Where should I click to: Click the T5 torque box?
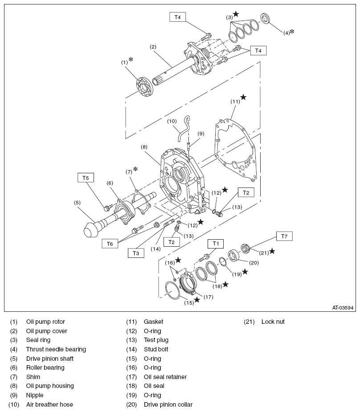click(86, 178)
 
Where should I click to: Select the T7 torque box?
click(284, 236)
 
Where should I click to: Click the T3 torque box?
click(136, 253)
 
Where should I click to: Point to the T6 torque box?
click(110, 243)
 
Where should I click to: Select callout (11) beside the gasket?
click(235, 101)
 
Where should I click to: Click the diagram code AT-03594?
click(342, 307)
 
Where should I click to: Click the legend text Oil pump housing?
click(49, 386)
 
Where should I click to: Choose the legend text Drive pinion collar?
click(168, 404)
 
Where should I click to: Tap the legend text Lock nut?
click(273, 322)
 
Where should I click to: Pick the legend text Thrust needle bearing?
click(56, 349)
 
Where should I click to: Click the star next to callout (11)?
click(243, 97)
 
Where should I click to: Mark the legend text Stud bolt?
click(156, 349)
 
